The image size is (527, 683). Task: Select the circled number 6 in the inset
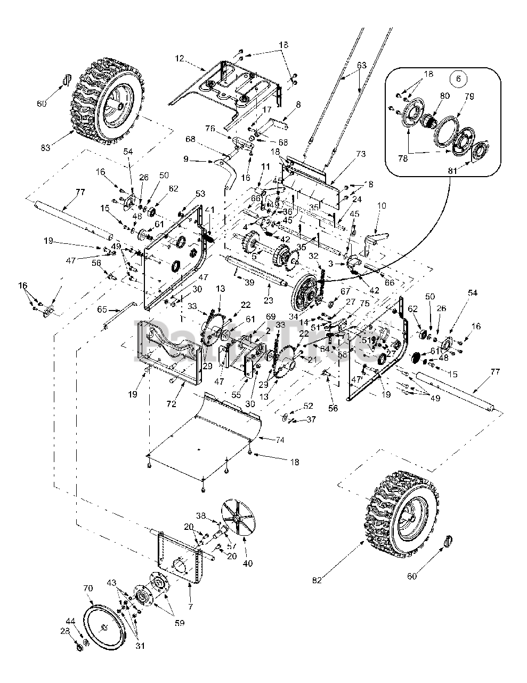coord(457,77)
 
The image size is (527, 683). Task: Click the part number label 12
coord(179,57)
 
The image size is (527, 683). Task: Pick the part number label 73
coord(361,154)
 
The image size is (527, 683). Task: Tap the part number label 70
coord(88,589)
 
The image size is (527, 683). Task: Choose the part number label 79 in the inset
coord(469,97)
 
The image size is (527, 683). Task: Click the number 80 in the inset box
coord(445,97)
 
